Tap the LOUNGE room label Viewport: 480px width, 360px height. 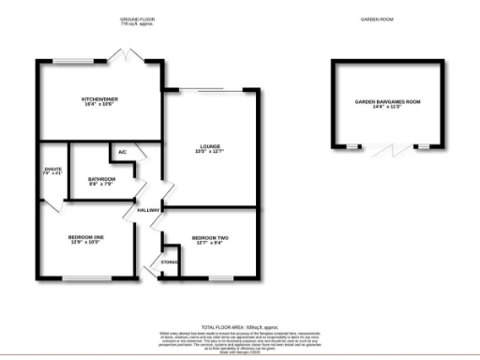[210, 146]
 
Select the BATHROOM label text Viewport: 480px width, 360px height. [101, 179]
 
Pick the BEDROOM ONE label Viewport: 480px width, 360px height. [85, 238]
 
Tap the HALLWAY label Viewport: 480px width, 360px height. [149, 210]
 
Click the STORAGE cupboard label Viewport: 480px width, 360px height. [169, 261]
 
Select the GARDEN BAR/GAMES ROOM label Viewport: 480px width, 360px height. [385, 101]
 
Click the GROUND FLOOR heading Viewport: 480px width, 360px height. [138, 19]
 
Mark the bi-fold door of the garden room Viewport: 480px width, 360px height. [385, 150]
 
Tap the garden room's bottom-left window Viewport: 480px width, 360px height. [353, 147]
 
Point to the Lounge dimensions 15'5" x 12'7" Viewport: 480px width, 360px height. [210, 152]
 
